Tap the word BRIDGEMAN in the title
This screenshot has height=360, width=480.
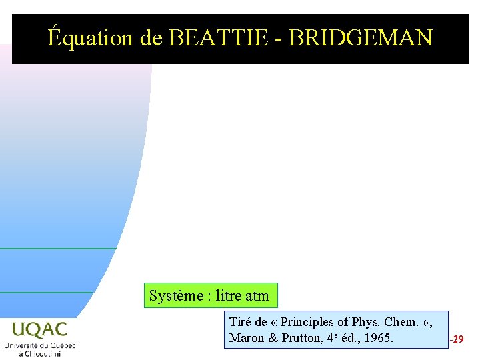click(361, 38)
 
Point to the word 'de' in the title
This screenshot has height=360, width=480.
click(151, 38)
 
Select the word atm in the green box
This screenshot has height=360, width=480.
click(257, 296)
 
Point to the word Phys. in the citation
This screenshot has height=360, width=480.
click(365, 322)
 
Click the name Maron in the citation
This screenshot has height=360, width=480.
click(247, 338)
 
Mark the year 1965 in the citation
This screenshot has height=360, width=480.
click(379, 338)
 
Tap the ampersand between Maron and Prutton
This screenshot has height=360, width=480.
click(273, 338)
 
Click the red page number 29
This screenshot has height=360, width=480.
click(458, 339)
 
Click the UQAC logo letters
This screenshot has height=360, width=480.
click(39, 329)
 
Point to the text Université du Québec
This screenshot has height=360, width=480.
click(39, 345)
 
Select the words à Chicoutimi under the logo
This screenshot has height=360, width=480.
click(39, 353)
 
